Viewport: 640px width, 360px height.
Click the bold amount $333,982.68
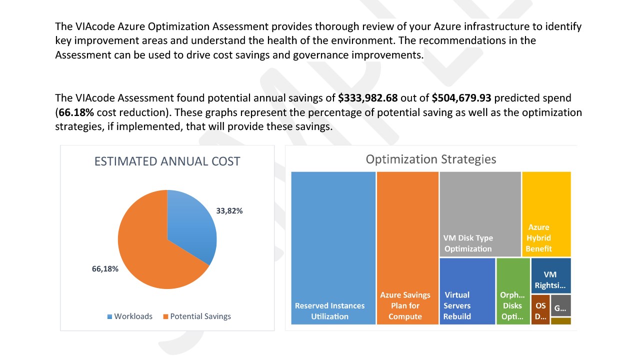coord(367,98)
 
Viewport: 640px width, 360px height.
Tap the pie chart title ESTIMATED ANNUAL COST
coord(167,161)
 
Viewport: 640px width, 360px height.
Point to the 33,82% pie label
coord(229,211)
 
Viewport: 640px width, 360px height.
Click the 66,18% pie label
coord(105,269)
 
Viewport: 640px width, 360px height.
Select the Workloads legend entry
coord(129,316)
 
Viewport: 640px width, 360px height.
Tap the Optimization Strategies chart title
coord(430,159)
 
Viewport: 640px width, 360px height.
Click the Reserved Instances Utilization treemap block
coord(333,247)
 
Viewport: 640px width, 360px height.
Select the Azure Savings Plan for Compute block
coord(407,247)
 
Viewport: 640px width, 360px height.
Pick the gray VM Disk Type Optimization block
coord(480,214)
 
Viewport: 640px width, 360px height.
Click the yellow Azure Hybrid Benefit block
coord(546,214)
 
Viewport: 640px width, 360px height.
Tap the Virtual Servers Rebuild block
coord(467,291)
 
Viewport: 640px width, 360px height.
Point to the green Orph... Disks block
coord(513,291)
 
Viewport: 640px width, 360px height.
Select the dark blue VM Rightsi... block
coord(550,275)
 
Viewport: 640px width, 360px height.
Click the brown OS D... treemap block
coord(540,309)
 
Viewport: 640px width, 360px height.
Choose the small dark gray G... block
coord(560,305)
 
